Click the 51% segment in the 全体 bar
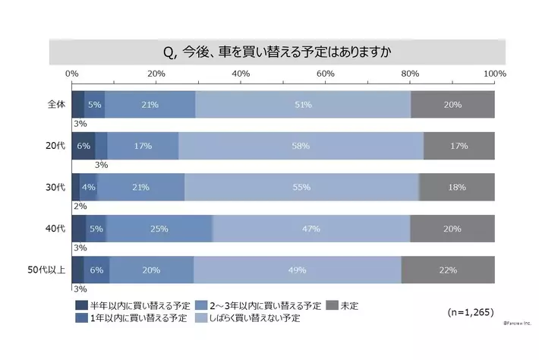click(x=303, y=104)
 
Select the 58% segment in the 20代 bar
click(x=301, y=145)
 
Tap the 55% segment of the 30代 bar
click(x=301, y=187)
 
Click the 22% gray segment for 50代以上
click(x=448, y=270)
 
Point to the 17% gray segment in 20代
click(x=459, y=145)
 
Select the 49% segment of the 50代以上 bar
click(x=297, y=270)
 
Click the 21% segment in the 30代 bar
click(x=140, y=187)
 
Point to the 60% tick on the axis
click(x=326, y=73)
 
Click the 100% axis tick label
click(x=494, y=73)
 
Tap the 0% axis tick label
click(x=72, y=73)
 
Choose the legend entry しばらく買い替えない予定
click(x=254, y=318)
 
